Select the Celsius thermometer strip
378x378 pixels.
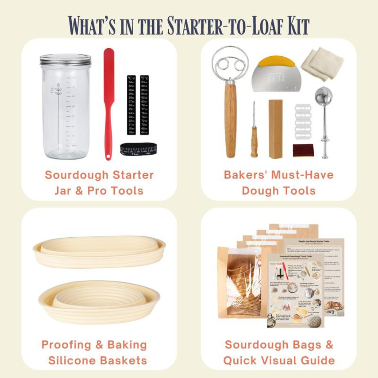pos(131,105)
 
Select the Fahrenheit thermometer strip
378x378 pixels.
pos(144,105)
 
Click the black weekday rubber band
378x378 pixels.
pos(138,150)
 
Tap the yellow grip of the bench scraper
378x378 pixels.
pos(276,62)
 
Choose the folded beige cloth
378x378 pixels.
pos(322,63)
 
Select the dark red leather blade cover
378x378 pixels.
pos(303,150)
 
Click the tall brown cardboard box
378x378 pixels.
pos(275,129)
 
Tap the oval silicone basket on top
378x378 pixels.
pos(99,251)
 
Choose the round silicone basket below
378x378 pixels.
pos(99,301)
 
